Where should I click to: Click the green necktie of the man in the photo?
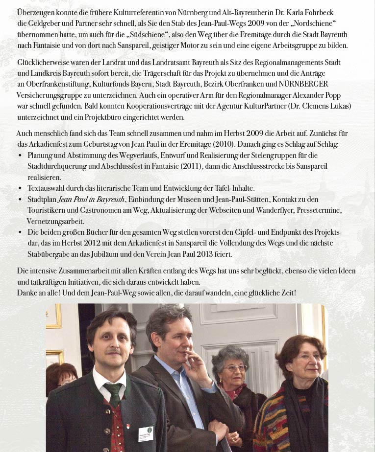114,394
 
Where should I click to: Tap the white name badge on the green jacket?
146,433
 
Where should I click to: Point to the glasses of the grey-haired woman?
234,368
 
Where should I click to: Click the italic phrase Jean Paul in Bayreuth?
91,199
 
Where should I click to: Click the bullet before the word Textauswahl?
20,188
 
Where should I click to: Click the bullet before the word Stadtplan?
20,200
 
